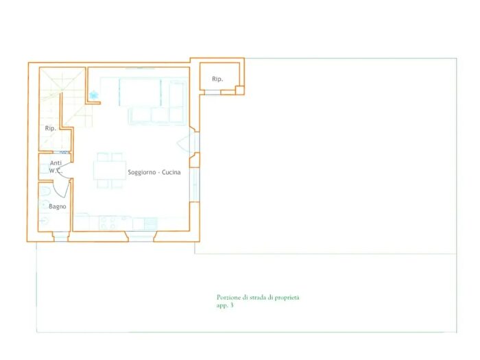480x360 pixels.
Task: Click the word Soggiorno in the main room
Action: pos(141,172)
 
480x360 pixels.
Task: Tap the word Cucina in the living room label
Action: pos(171,172)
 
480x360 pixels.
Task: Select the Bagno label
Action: pos(57,206)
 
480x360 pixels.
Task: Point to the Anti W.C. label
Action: pos(56,167)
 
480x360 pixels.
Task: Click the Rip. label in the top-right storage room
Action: pos(217,79)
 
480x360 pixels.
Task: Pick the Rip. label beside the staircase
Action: pos(51,128)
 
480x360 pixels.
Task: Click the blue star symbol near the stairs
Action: pos(94,95)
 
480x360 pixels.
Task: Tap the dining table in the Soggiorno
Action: pos(110,170)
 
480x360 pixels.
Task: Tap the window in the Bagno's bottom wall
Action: pos(60,237)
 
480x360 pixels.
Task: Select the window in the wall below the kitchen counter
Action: pos(141,237)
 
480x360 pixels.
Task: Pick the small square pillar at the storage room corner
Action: pos(240,91)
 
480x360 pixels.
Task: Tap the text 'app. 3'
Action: pos(225,306)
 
